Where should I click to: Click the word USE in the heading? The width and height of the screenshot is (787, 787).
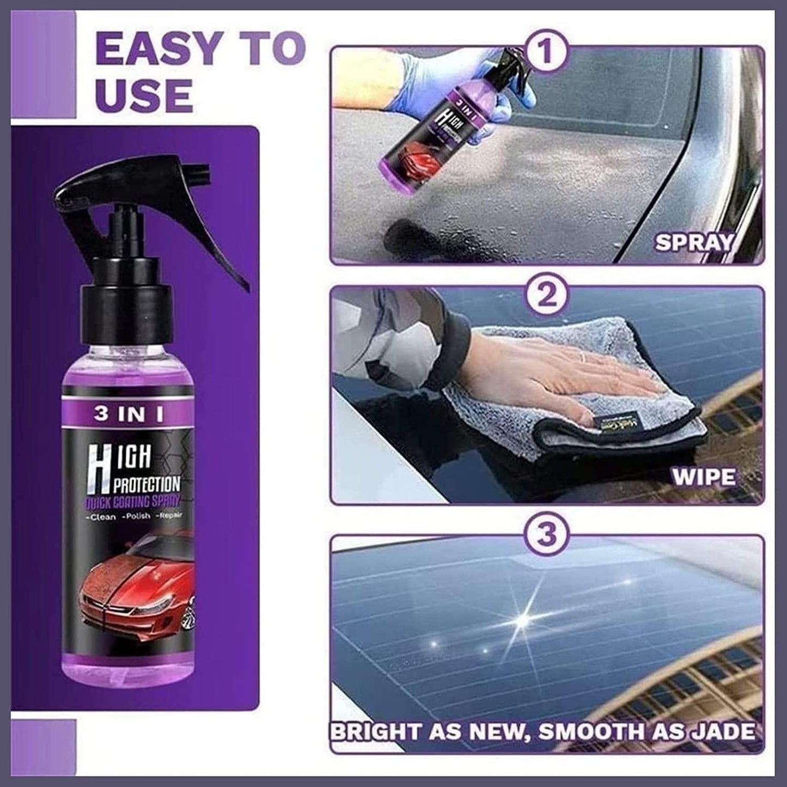point(144,94)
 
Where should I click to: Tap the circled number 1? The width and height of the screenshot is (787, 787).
point(546,52)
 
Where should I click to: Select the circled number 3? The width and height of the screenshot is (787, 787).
point(547,533)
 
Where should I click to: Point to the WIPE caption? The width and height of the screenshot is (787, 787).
point(703,478)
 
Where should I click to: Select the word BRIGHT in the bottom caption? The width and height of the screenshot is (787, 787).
point(376,731)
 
